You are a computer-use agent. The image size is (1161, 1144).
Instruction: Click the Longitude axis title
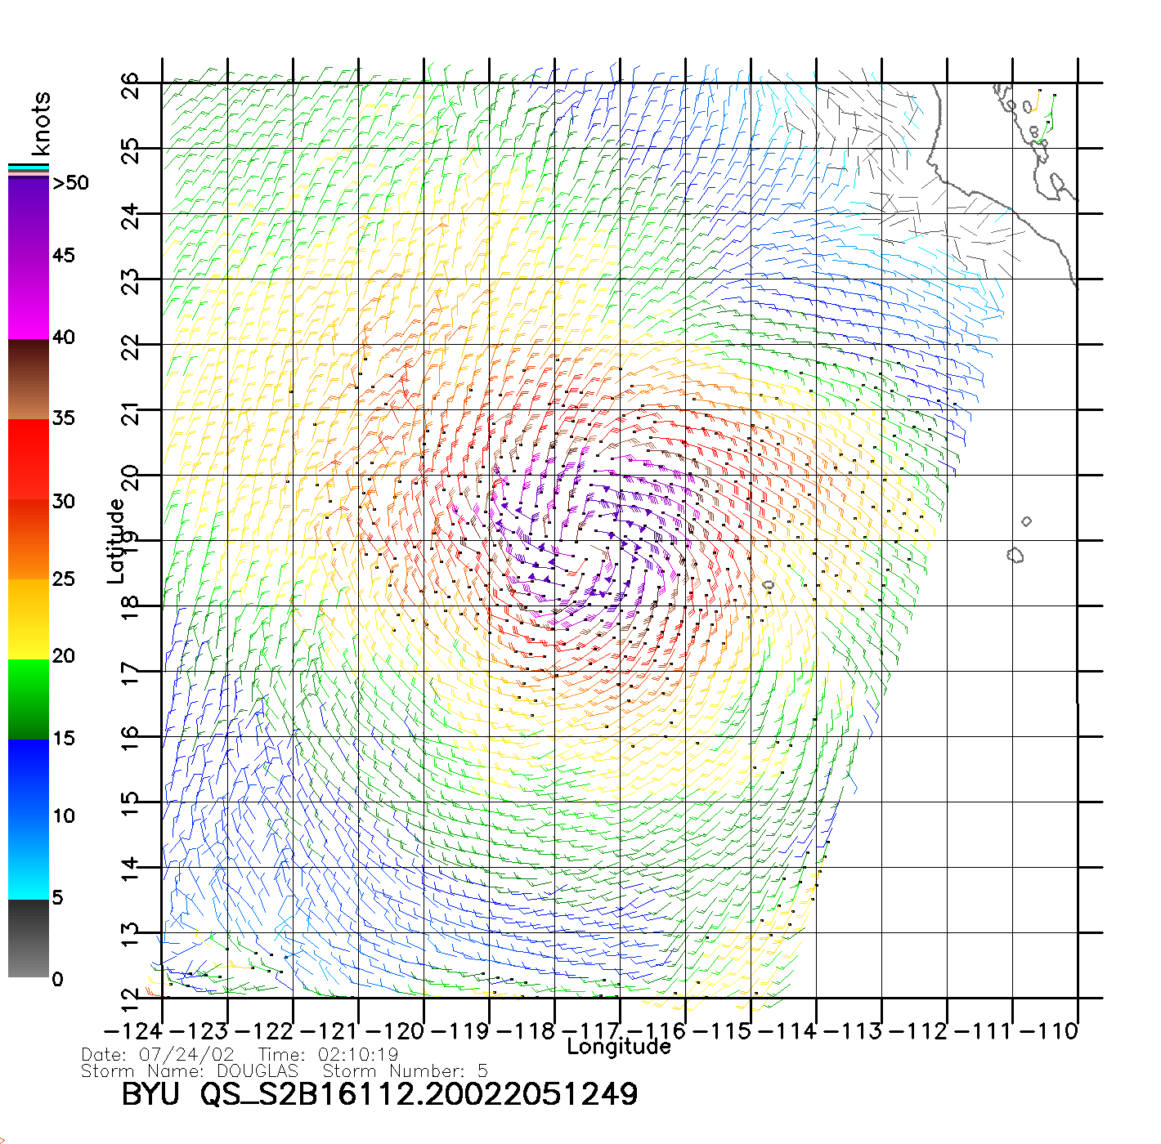point(619,1047)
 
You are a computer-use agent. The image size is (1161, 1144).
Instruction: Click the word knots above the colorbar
point(40,123)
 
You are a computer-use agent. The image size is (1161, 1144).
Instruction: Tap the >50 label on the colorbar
point(70,183)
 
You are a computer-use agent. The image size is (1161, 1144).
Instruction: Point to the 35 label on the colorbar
point(63,418)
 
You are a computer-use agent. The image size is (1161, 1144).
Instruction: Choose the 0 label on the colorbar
point(57,979)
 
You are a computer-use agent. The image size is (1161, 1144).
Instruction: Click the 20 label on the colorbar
point(63,656)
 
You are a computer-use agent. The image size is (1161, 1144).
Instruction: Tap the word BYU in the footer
point(150,1094)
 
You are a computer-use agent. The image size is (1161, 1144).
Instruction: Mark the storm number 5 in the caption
point(483,1071)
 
